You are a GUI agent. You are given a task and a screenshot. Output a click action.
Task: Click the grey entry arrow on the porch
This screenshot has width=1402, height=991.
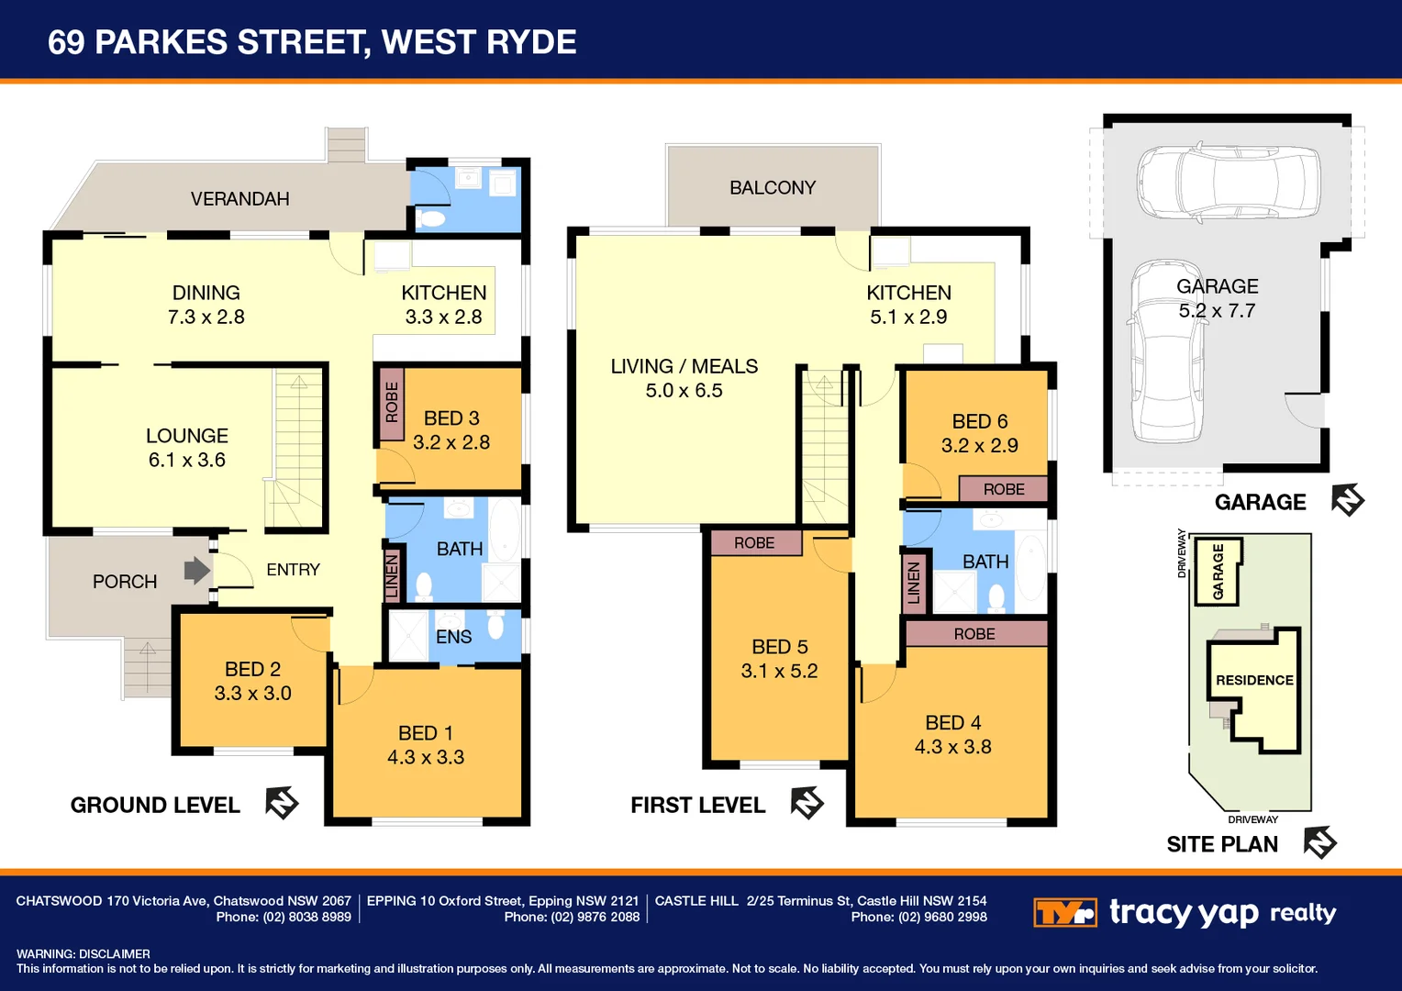click(196, 571)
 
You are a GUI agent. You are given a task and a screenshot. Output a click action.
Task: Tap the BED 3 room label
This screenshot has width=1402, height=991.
click(451, 418)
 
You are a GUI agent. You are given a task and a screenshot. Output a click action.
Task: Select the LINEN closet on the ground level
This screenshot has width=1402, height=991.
click(392, 575)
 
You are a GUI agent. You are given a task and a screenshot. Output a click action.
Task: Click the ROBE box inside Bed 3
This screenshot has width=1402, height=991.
click(392, 403)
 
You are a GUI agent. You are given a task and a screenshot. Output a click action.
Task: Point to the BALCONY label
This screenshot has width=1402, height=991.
click(773, 188)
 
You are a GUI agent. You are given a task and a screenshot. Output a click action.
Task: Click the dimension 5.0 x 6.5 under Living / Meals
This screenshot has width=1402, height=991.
click(684, 391)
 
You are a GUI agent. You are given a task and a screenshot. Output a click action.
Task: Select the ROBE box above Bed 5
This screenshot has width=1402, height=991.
click(755, 543)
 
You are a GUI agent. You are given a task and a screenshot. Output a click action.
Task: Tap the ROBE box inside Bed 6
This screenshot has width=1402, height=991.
click(1003, 489)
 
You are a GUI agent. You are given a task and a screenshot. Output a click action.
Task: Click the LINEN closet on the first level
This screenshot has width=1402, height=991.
click(914, 583)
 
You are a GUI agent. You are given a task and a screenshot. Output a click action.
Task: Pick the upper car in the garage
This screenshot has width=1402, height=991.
click(1229, 180)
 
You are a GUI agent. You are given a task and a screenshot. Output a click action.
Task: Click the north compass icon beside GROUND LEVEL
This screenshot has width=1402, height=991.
click(282, 803)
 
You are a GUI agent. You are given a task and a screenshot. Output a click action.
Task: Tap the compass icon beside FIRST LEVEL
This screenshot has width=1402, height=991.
click(807, 803)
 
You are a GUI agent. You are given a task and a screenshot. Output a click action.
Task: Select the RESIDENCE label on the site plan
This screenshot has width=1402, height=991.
click(1254, 680)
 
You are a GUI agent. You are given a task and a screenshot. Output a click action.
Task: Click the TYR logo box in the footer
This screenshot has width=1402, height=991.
click(1064, 913)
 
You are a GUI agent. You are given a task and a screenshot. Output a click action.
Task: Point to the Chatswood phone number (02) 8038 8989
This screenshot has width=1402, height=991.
click(306, 917)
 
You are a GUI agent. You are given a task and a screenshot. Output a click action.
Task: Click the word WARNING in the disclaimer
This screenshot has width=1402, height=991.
click(44, 954)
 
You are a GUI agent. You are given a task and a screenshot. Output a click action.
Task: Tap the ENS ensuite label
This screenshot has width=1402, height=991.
click(453, 637)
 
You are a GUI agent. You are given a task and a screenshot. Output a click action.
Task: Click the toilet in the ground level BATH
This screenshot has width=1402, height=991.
click(424, 585)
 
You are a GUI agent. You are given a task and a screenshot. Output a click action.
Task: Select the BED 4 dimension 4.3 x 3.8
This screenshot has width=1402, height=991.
click(952, 747)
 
